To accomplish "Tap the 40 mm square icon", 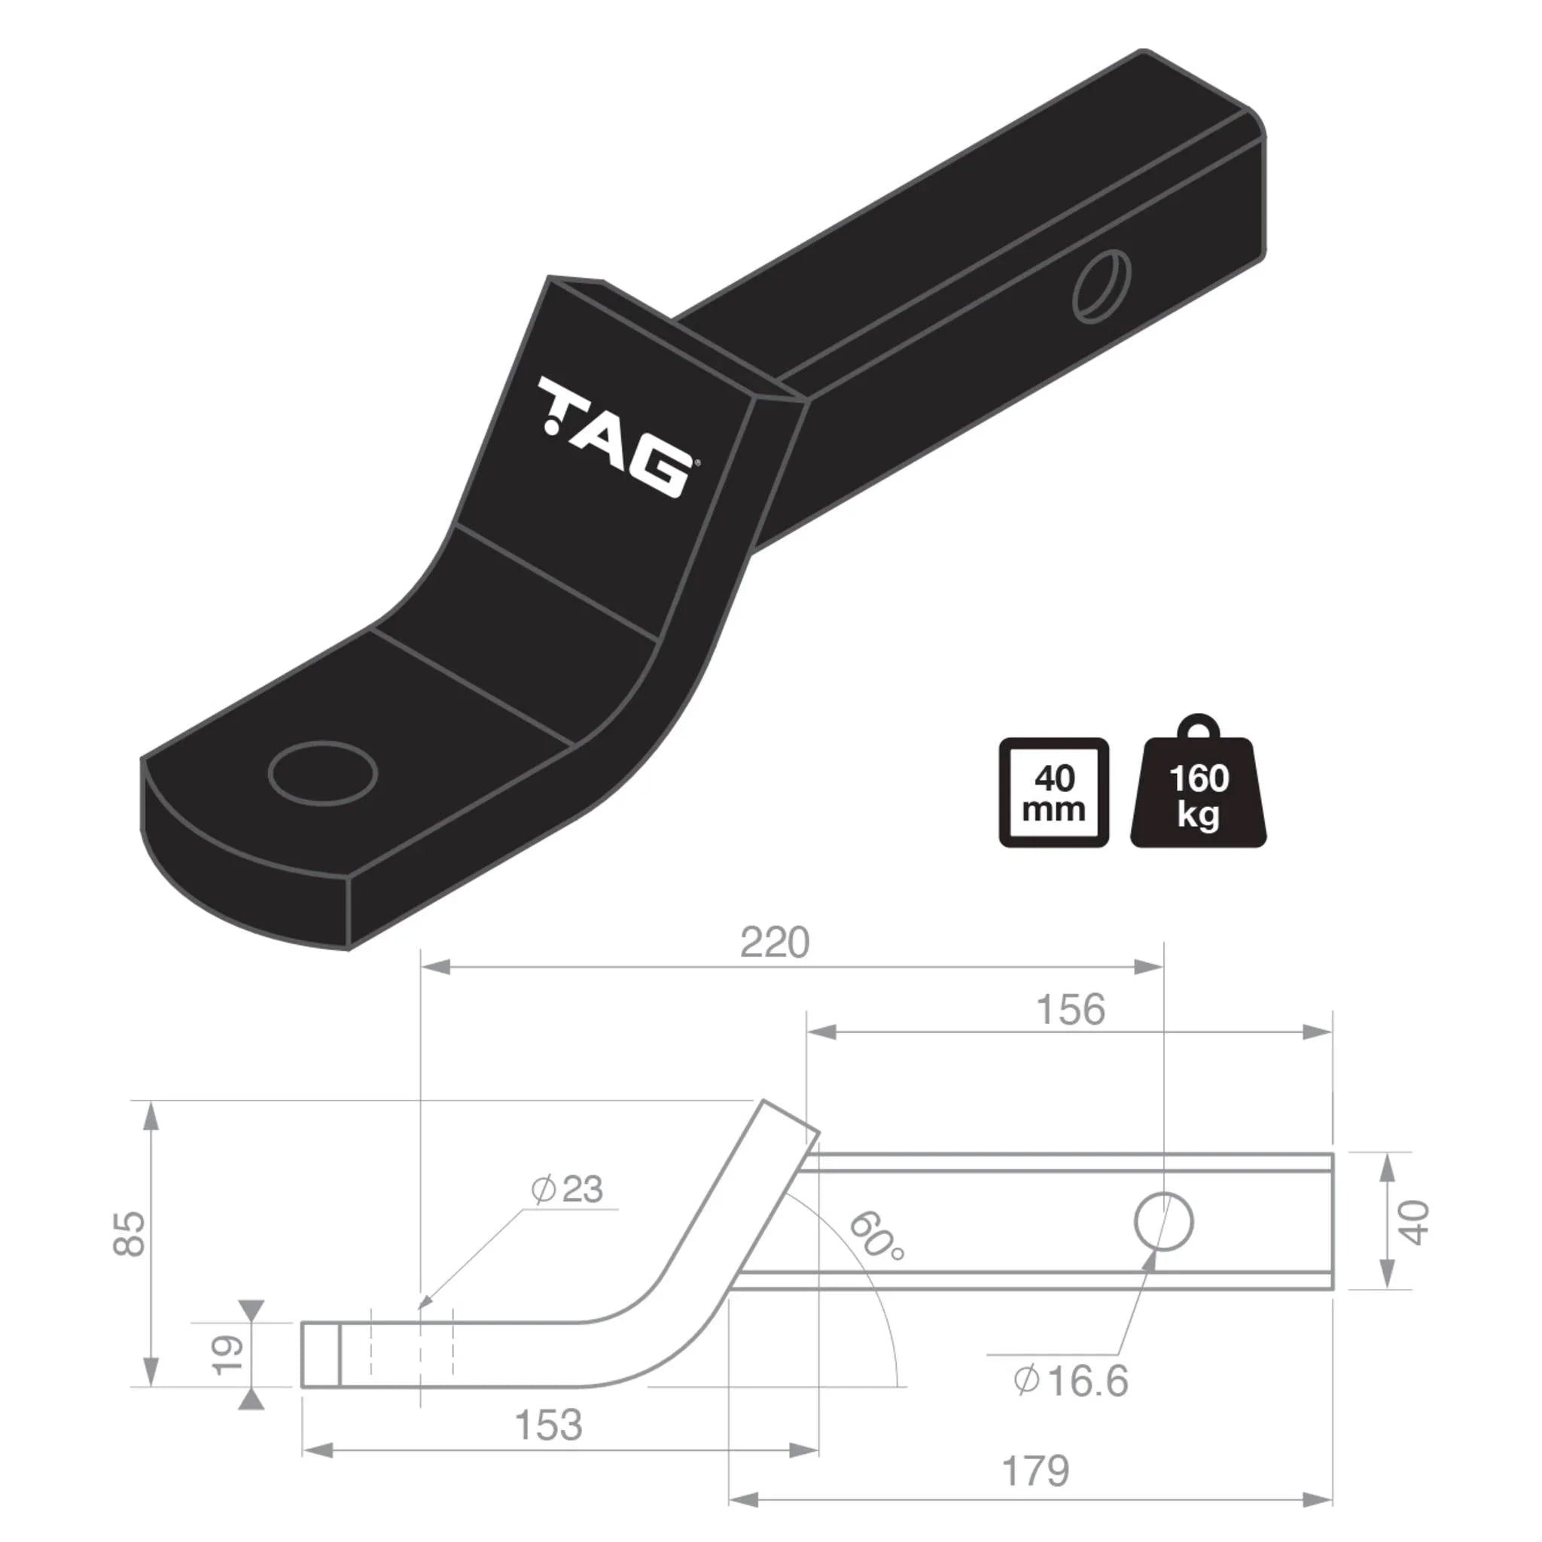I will pos(1053,792).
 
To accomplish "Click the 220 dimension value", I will pos(774,943).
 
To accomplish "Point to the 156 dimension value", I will pos(1071,1010).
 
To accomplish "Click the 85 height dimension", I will pos(130,1234).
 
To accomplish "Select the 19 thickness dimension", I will pos(229,1355).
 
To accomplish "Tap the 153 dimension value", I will pos(548,1425).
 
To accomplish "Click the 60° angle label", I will pos(876,1236).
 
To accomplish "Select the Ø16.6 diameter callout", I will pos(1071,1382).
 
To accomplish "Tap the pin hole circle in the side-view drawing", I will pos(1164,1222).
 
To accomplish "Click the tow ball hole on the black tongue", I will pos(322,773).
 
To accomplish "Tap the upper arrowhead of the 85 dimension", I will pos(149,1116).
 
